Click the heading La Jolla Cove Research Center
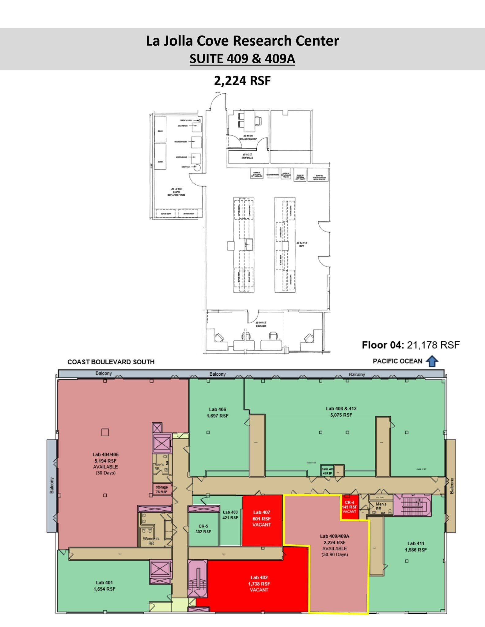coord(242,41)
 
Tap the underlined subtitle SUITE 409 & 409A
coord(242,58)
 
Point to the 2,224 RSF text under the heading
coord(242,81)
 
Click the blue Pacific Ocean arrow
coord(432,361)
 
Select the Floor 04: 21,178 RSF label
coord(411,345)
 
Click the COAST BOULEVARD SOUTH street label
coord(111,362)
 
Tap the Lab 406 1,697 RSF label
coord(217,412)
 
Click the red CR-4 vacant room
coord(349,507)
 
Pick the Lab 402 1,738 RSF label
coord(259,584)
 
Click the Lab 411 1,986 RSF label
coord(416,546)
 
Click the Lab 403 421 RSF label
coord(230,515)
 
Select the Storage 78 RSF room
coord(161,489)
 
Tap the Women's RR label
coord(151,541)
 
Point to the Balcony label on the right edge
coord(451,486)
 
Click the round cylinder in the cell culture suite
coord(197,167)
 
